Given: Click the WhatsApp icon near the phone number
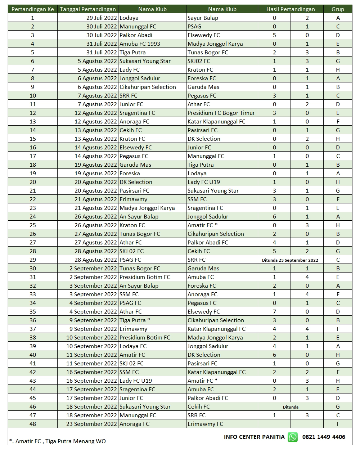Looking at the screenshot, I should pos(293,437).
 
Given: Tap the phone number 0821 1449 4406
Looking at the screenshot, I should pos(324,437).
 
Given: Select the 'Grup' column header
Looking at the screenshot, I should pos(338,9).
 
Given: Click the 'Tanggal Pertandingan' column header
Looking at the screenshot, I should pos(88,9).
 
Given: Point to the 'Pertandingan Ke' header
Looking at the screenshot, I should pos(33,9).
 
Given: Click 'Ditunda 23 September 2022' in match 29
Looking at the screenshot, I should pos(290,260).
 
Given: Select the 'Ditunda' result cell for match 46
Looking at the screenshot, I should pos(290,407).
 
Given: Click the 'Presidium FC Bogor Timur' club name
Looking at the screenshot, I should pos(221,113).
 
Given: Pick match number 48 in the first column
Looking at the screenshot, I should pos(33,424).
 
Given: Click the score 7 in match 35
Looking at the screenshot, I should pos(274,311).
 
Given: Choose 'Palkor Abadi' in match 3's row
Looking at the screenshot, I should pos(136,35).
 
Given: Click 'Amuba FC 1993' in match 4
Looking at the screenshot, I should pos(140,44).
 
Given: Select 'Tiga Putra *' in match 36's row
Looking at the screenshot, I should pos(135,320).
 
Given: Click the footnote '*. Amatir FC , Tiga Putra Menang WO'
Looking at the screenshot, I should pos(58,441).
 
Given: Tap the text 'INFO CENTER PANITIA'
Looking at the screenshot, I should pos(254,437).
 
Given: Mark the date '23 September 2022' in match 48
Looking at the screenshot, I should pos(92,424).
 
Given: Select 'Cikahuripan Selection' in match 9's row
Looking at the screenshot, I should pos(148,87).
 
